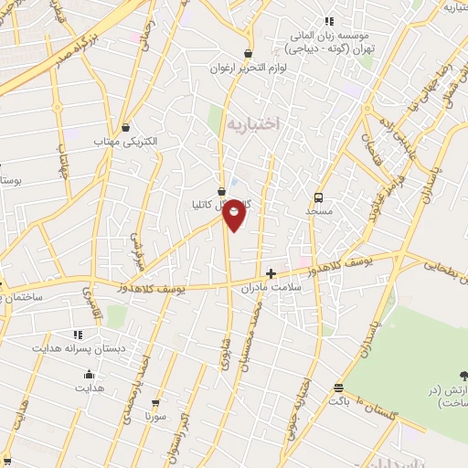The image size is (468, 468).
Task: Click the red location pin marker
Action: pyautogui.click(x=234, y=214)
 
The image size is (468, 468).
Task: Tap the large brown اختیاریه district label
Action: pyautogui.click(x=251, y=122)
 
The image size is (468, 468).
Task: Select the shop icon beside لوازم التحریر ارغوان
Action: pyautogui.click(x=248, y=53)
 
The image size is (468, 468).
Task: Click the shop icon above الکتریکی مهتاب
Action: pyautogui.click(x=125, y=127)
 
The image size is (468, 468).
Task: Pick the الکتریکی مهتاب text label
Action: pyautogui.click(x=126, y=142)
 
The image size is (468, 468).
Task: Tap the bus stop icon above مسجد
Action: pyautogui.click(x=318, y=197)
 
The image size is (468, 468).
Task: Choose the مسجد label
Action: pyautogui.click(x=319, y=211)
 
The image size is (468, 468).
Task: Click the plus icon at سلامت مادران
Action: pyautogui.click(x=270, y=272)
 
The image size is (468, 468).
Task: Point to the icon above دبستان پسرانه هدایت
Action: pyautogui.click(x=77, y=335)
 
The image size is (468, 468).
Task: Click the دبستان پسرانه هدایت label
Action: pyautogui.click(x=79, y=349)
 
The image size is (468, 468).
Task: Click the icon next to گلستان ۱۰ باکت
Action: pyautogui.click(x=338, y=388)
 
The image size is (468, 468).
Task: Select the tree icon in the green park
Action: pyautogui.click(x=462, y=375)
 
